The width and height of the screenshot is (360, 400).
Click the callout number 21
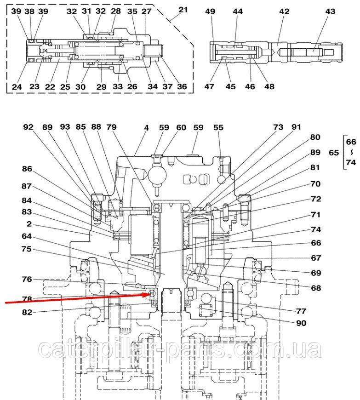click(x=183, y=10)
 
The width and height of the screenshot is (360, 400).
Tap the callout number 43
click(x=331, y=11)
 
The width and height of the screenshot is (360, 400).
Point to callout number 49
click(x=210, y=11)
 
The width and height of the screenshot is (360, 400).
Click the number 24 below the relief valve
click(x=17, y=86)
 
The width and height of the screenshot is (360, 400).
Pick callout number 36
click(x=182, y=86)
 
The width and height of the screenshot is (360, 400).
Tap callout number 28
click(x=116, y=11)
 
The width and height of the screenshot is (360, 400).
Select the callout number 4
click(x=146, y=127)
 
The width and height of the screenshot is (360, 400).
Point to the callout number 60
click(x=181, y=127)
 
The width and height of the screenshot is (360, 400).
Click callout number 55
click(x=218, y=127)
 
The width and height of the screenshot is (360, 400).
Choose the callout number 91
click(x=296, y=127)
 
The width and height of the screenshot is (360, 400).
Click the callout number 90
click(x=301, y=323)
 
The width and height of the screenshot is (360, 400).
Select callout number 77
click(x=301, y=310)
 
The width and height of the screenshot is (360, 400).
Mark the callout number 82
click(x=28, y=312)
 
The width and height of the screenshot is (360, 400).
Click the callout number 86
click(x=28, y=169)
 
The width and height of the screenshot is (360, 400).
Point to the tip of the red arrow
click(x=152, y=293)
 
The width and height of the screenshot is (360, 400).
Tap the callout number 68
click(x=315, y=288)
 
